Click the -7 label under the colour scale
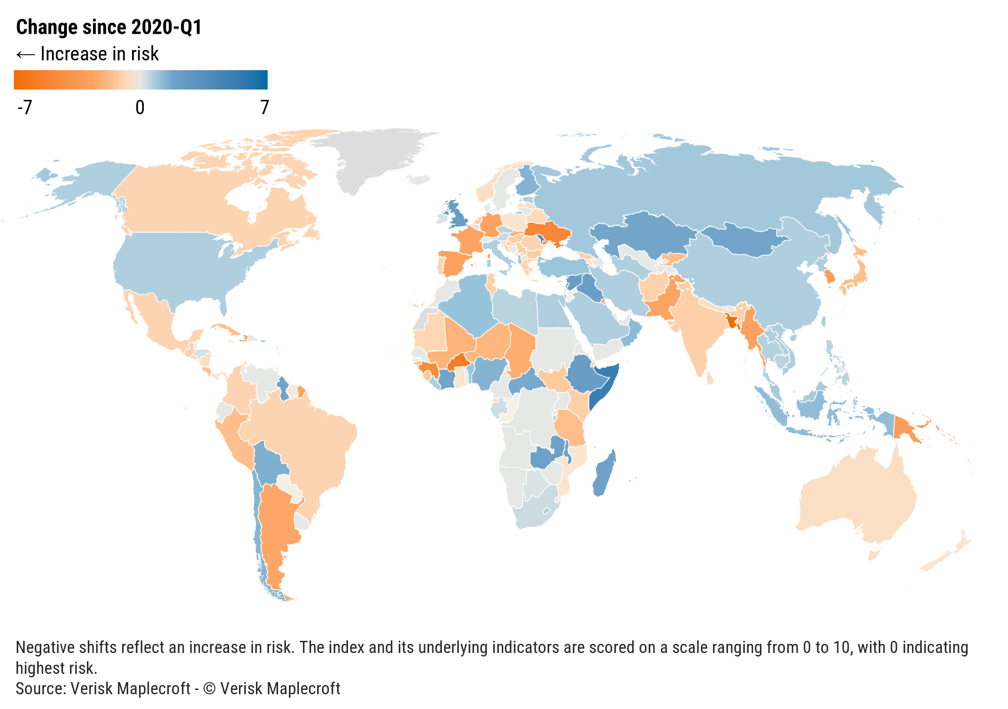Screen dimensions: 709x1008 point(25,108)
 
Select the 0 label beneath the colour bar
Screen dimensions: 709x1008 point(139,108)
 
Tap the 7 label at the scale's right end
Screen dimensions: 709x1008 point(264,108)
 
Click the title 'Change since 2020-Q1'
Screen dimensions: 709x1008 point(109,27)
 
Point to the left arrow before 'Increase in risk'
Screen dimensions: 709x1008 point(26,54)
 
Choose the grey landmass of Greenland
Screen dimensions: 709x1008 point(373,158)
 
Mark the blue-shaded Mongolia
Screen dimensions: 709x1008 point(742,239)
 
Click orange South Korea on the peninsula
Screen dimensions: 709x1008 point(829,277)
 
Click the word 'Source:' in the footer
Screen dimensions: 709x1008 point(41,689)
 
